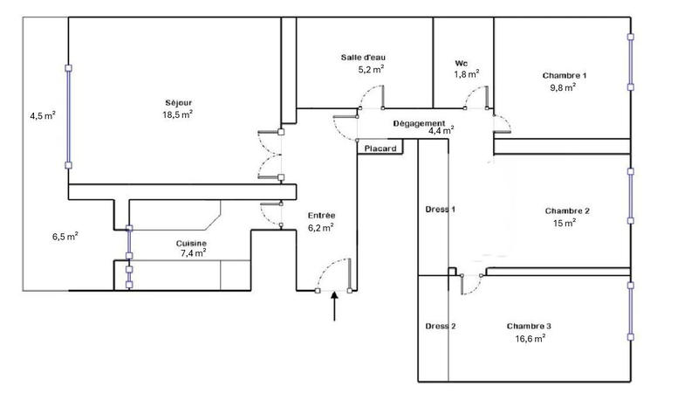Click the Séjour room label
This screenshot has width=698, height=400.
(178, 103)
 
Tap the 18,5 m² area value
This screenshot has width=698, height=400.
(178, 114)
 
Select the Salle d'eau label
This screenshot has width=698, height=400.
(363, 58)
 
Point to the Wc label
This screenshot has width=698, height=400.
(462, 63)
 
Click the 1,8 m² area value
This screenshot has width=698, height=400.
(467, 74)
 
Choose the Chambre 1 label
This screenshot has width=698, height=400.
(565, 76)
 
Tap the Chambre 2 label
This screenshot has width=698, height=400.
(567, 211)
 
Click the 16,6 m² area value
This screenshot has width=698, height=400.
(530, 339)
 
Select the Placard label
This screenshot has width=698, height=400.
(380, 148)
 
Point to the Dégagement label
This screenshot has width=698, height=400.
(419, 123)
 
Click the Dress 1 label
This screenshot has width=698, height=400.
(441, 210)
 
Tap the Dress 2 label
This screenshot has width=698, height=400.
(441, 327)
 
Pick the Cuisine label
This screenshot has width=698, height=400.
(191, 244)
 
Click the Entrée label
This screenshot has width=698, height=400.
(321, 216)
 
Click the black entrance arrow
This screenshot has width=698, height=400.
(334, 307)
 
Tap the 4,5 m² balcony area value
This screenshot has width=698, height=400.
(43, 116)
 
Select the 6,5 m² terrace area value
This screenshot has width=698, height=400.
(65, 236)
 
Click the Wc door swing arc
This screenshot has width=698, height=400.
(470, 92)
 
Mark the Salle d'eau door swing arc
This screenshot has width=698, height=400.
(366, 92)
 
